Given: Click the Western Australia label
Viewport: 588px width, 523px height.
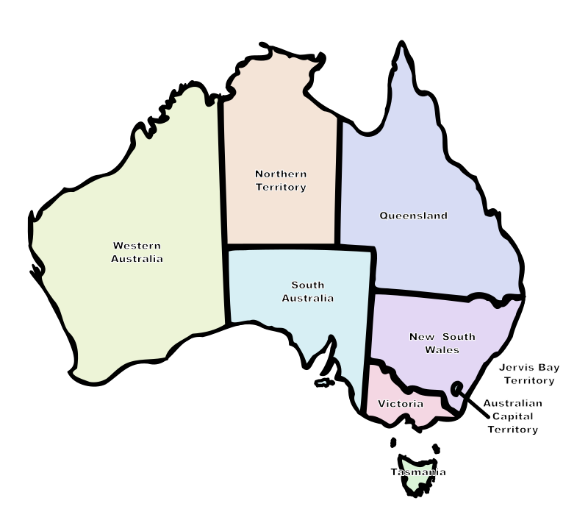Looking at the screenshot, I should [137, 252].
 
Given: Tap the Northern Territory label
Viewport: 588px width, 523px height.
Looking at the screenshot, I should [281, 180].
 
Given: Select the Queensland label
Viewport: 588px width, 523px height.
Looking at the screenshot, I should [413, 216].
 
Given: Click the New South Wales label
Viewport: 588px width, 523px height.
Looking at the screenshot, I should [442, 343].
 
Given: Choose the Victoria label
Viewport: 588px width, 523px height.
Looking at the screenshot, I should [401, 404].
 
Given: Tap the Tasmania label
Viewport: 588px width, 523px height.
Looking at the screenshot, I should [418, 472].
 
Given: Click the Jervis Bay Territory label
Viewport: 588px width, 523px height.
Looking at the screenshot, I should [526, 374].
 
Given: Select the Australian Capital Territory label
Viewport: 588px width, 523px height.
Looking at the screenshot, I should [513, 416].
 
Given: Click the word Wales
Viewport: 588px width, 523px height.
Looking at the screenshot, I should [442, 349].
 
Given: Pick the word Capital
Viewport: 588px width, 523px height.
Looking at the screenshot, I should [513, 416].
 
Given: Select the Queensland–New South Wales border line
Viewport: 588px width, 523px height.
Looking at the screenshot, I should [448, 296].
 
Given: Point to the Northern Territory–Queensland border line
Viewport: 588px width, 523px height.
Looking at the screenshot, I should [339, 184].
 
